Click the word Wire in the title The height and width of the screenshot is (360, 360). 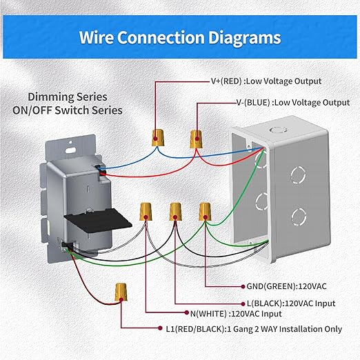coord(97,37)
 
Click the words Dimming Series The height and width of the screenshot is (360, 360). coord(75,97)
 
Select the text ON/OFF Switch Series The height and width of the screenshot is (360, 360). coord(75,110)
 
